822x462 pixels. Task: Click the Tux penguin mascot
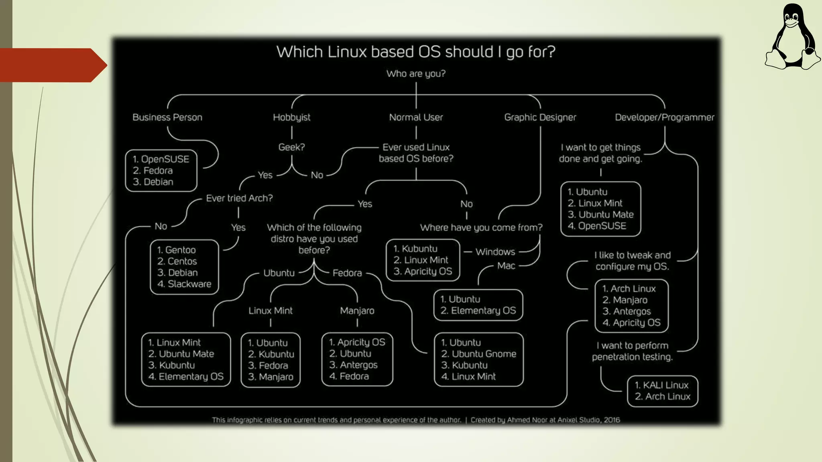(x=792, y=38)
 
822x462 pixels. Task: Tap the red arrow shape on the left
(x=52, y=65)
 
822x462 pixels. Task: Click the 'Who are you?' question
(x=416, y=74)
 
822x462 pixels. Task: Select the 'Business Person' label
(x=167, y=118)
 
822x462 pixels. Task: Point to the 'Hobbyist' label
(x=291, y=118)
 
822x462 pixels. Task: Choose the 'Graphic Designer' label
(x=540, y=118)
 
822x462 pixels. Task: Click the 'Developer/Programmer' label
(x=664, y=118)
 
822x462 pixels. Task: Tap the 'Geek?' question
(x=291, y=147)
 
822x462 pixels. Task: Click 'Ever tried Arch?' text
(x=239, y=198)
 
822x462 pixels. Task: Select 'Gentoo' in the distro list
(x=180, y=250)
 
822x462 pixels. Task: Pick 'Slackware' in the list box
(x=189, y=284)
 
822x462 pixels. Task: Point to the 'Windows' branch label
(x=495, y=252)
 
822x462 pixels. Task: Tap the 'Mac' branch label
(x=506, y=266)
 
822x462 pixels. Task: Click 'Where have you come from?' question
(x=481, y=228)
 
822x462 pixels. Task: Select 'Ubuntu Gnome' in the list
(x=484, y=354)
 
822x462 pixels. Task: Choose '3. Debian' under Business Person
(x=153, y=182)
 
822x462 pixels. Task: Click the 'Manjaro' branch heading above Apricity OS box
(x=357, y=311)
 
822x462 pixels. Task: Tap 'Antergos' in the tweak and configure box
(x=632, y=311)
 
